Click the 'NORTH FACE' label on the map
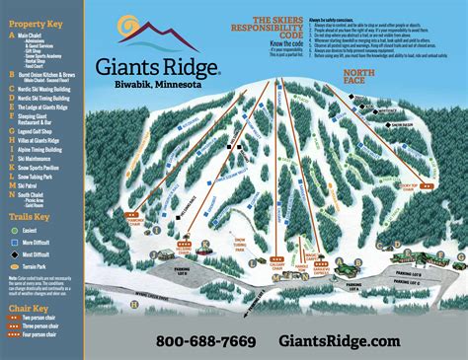(x=361, y=76)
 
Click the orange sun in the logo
(x=132, y=27)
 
